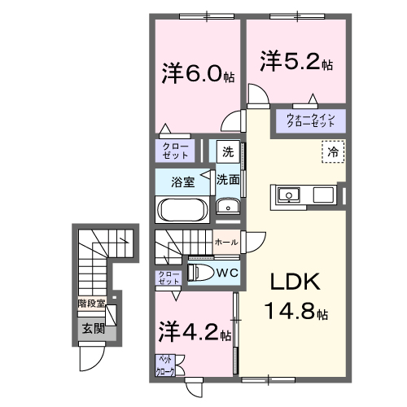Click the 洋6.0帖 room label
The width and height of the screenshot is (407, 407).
point(198,74)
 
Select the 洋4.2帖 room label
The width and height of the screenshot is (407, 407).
point(195,332)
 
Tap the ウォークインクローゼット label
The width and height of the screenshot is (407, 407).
point(315,121)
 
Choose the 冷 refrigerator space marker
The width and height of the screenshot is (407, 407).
point(332,152)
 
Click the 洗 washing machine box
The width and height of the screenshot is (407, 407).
point(227,151)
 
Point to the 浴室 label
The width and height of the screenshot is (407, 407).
point(182,182)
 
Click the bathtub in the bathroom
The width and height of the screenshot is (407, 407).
point(182,210)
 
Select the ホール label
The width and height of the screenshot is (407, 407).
point(225,242)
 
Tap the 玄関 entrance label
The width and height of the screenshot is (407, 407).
point(92,329)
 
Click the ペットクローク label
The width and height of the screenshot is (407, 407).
point(165,365)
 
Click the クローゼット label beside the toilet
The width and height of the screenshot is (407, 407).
point(168,278)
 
